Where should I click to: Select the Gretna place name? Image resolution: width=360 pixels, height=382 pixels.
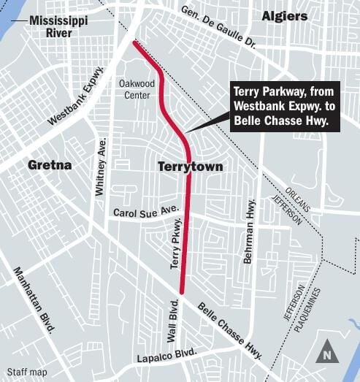point(50,165)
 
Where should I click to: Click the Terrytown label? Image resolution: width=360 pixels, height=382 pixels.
point(190,167)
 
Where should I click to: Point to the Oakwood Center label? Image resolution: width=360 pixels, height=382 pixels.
point(135,89)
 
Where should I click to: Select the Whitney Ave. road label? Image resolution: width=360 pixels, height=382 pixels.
point(100,167)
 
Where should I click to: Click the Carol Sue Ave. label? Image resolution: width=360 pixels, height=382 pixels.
point(146,212)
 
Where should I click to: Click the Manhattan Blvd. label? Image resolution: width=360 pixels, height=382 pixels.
point(35,299)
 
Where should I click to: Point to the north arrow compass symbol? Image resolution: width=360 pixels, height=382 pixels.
point(326,351)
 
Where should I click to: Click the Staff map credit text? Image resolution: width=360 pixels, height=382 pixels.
point(26,373)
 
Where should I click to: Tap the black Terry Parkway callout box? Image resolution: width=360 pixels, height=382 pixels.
point(285,107)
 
